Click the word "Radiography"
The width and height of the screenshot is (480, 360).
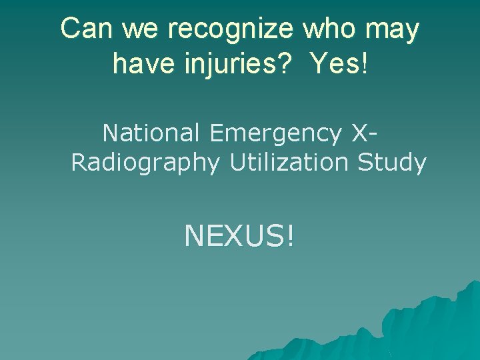coord(145,163)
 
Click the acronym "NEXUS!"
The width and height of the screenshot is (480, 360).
coord(239,235)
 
